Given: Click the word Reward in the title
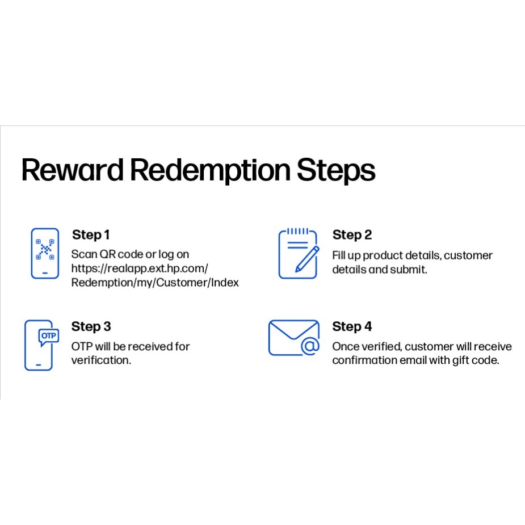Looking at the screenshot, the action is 72,170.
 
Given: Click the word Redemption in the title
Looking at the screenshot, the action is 210,171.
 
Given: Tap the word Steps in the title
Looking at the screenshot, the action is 336,171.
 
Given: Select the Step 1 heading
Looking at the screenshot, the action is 91,235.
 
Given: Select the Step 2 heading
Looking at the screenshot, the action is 352,235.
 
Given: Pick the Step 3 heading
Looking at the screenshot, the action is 91,327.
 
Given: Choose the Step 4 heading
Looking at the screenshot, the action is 352,327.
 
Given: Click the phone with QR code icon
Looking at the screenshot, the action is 45,253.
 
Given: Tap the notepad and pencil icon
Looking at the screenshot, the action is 299,254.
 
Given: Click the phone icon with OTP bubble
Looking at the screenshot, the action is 41,345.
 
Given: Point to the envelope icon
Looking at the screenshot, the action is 293,338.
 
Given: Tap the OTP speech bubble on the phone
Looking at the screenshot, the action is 49,337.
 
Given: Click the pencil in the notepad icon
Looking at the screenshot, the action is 307,259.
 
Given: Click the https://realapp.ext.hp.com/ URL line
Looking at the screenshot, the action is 140,269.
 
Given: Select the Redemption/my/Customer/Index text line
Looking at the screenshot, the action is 155,283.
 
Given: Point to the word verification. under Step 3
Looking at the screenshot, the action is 101,360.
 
